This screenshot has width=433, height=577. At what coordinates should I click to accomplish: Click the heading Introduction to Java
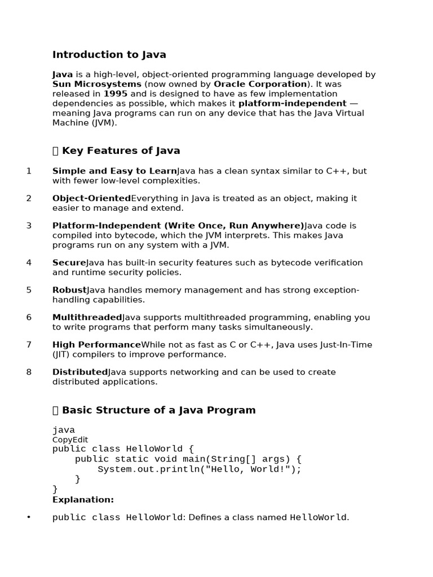[109, 55]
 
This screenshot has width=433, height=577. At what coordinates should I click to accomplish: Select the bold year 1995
[116, 94]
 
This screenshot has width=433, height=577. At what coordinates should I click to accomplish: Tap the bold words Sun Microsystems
[97, 84]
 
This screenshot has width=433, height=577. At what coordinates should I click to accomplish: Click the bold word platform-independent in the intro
[292, 103]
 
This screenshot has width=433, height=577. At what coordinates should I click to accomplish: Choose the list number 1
[29, 171]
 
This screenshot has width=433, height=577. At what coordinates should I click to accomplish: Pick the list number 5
[29, 290]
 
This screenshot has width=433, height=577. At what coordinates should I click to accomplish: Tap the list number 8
[29, 372]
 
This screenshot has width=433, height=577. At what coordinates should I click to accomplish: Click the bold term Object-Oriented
[91, 198]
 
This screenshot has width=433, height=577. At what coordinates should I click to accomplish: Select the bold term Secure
[69, 263]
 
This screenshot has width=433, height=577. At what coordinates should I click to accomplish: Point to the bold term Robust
[69, 290]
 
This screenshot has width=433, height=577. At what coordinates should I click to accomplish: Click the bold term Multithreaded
[87, 317]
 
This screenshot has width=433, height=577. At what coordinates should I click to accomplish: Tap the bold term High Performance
[96, 345]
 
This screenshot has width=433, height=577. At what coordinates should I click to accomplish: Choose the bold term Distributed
[79, 372]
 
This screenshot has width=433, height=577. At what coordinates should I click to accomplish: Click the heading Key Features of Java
[121, 150]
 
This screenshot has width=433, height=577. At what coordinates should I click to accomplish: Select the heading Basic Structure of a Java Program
[158, 410]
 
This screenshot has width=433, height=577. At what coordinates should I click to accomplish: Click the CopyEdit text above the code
[70, 440]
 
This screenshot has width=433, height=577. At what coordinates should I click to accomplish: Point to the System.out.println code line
[200, 469]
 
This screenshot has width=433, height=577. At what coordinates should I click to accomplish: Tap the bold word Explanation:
[83, 500]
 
